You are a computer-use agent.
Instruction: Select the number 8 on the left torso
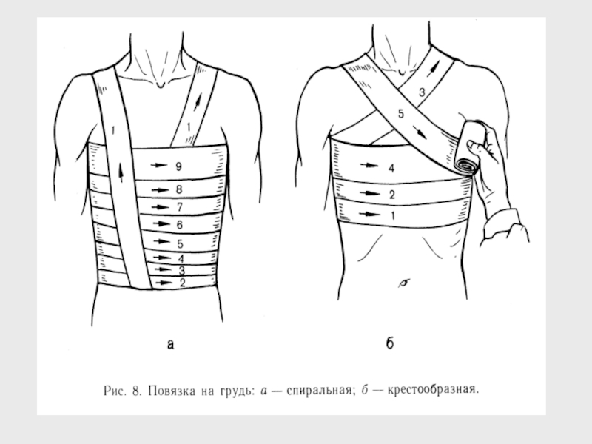click(179, 189)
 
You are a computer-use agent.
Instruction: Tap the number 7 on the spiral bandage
click(179, 206)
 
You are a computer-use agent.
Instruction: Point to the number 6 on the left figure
click(179, 223)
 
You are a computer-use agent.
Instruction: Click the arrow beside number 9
click(157, 165)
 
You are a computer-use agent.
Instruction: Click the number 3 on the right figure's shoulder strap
click(421, 93)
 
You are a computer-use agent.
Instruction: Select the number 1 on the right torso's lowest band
click(391, 216)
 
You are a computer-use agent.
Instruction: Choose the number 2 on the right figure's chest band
click(391, 195)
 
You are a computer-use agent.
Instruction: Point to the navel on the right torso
click(404, 282)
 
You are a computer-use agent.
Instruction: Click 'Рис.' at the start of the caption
click(112, 388)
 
